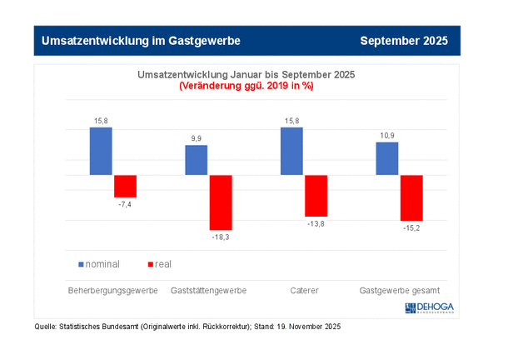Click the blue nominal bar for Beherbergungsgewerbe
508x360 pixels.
tap(101, 151)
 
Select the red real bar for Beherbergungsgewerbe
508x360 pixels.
tap(125, 186)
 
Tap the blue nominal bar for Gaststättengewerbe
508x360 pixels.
tap(197, 160)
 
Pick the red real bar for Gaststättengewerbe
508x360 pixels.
tap(221, 202)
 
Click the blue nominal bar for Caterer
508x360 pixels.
tap(291, 151)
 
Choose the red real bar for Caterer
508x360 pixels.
tap(316, 196)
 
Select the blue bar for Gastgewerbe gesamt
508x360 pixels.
tap(387, 158)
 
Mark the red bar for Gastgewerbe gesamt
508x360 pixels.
tap(411, 197)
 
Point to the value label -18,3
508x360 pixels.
tap(221, 237)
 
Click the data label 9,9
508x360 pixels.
tap(197, 137)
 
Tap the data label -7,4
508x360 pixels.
tap(125, 204)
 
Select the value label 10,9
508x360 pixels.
tap(387, 135)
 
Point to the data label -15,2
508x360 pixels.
tap(411, 228)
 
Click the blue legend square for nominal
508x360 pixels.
tap(82, 264)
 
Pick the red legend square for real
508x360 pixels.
tap(150, 264)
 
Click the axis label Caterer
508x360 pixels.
tap(304, 291)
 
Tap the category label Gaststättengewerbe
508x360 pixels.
tap(208, 291)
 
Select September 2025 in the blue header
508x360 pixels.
tap(404, 40)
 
